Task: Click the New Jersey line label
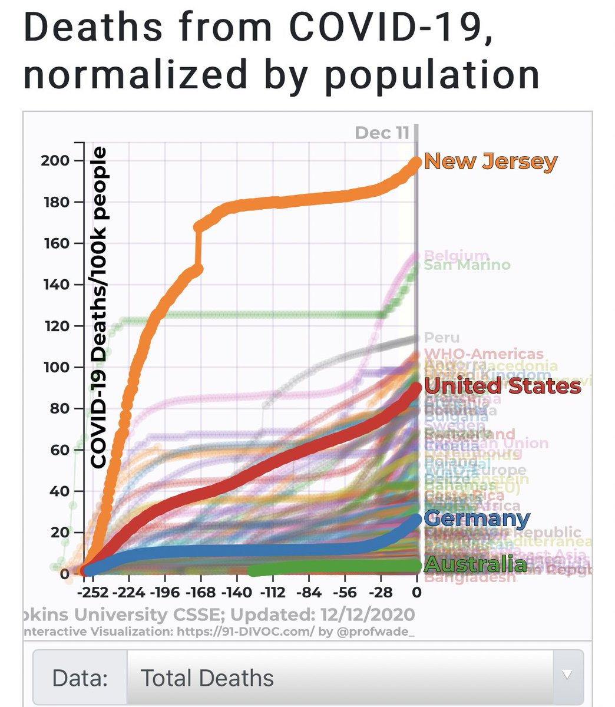490,161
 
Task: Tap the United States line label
502,386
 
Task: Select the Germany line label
476,519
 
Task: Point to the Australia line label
475,564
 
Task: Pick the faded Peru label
441,338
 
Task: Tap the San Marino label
467,265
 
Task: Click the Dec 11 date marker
382,133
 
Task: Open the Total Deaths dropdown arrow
567,675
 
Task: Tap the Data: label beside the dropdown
80,678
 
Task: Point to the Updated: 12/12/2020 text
322,615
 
